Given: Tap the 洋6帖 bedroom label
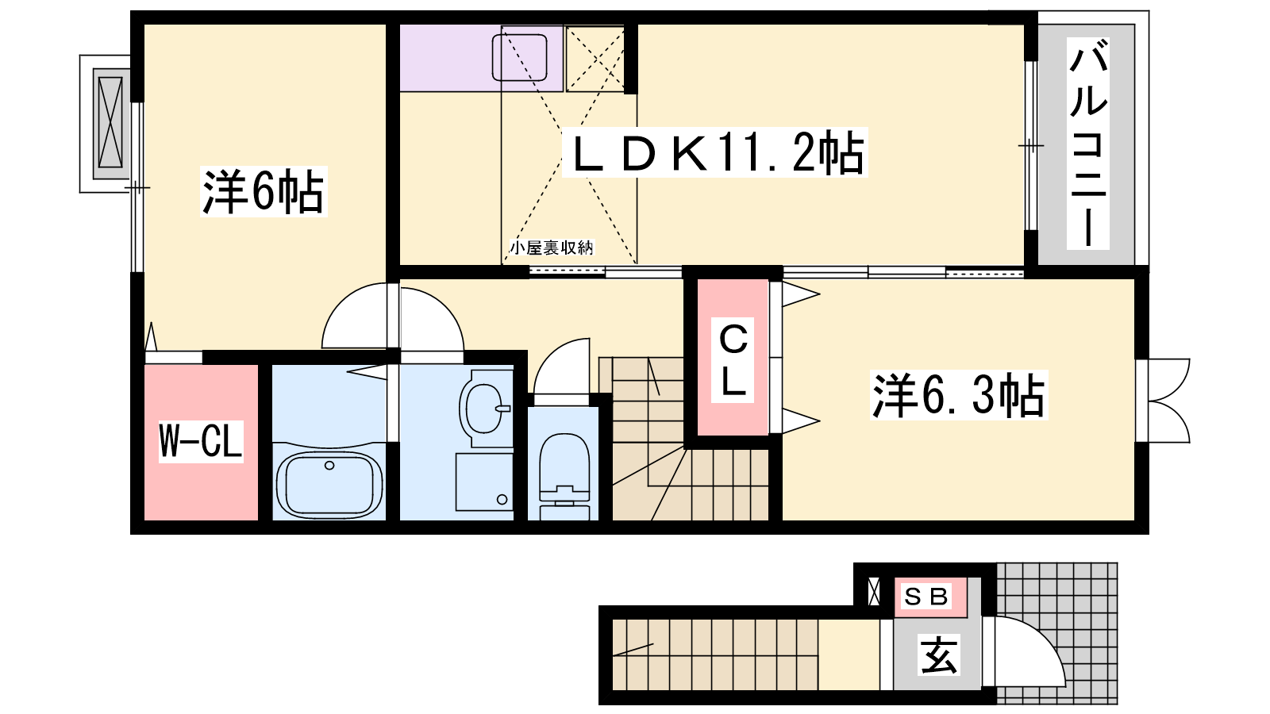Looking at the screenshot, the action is (263, 191).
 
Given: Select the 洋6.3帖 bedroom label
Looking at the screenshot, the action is (959, 395).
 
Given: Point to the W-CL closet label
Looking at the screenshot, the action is (201, 441).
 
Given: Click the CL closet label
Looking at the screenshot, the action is (733, 360).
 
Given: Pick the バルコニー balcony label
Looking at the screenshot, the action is (1088, 144).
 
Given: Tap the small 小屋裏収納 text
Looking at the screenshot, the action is (551, 248).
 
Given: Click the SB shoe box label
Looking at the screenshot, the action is (926, 597).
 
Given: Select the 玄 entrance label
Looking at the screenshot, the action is (939, 656).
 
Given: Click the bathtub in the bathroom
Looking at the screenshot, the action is (329, 485).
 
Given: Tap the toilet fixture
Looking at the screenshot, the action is (564, 476).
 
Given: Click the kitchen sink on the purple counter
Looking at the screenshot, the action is (519, 57).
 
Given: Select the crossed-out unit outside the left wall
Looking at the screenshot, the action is (110, 123).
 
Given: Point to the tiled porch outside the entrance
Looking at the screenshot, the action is (1056, 633).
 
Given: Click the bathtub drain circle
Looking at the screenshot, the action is (329, 466).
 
